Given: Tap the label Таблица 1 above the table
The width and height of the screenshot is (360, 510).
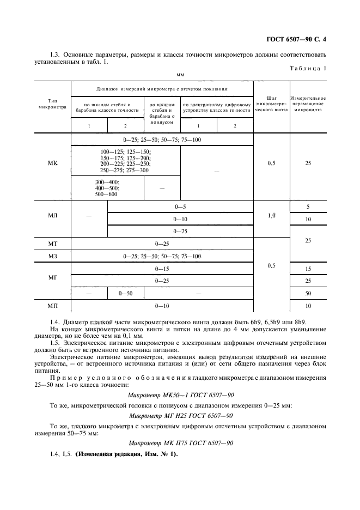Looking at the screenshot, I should (x=309, y=69).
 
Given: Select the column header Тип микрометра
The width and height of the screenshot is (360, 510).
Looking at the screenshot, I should (x=52, y=104).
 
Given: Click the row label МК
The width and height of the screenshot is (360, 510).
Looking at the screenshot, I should (x=52, y=163).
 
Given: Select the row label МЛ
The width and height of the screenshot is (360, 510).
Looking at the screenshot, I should (x=52, y=215).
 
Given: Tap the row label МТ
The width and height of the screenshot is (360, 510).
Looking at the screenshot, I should (x=52, y=243).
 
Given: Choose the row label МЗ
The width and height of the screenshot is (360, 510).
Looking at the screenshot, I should (x=52, y=256).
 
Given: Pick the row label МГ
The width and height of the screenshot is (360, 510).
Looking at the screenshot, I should (x=52, y=277).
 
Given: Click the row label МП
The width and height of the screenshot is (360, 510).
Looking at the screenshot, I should (x=52, y=306).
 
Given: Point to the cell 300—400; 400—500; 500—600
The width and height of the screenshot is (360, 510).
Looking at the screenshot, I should (x=107, y=188).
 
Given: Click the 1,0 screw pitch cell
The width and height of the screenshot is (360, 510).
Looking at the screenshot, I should (x=271, y=216).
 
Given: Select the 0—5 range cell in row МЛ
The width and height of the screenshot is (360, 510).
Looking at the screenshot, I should (x=180, y=207).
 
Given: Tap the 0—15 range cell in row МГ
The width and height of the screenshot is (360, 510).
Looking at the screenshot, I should (x=162, y=269).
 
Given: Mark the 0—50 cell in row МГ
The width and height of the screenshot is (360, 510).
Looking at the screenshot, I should (x=126, y=294).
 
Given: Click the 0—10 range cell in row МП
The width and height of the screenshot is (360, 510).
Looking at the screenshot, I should (x=162, y=306).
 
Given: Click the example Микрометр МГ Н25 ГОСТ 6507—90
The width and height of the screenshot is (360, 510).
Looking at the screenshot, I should (x=180, y=416).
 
